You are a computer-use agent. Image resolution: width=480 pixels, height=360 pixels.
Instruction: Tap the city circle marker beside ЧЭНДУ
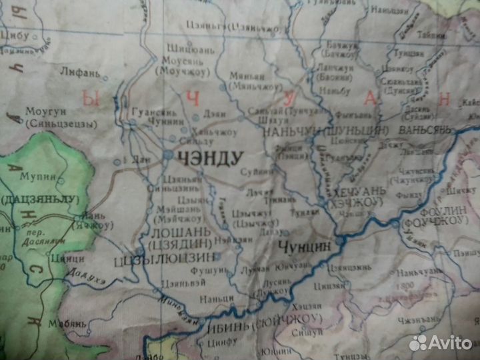[165, 155]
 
